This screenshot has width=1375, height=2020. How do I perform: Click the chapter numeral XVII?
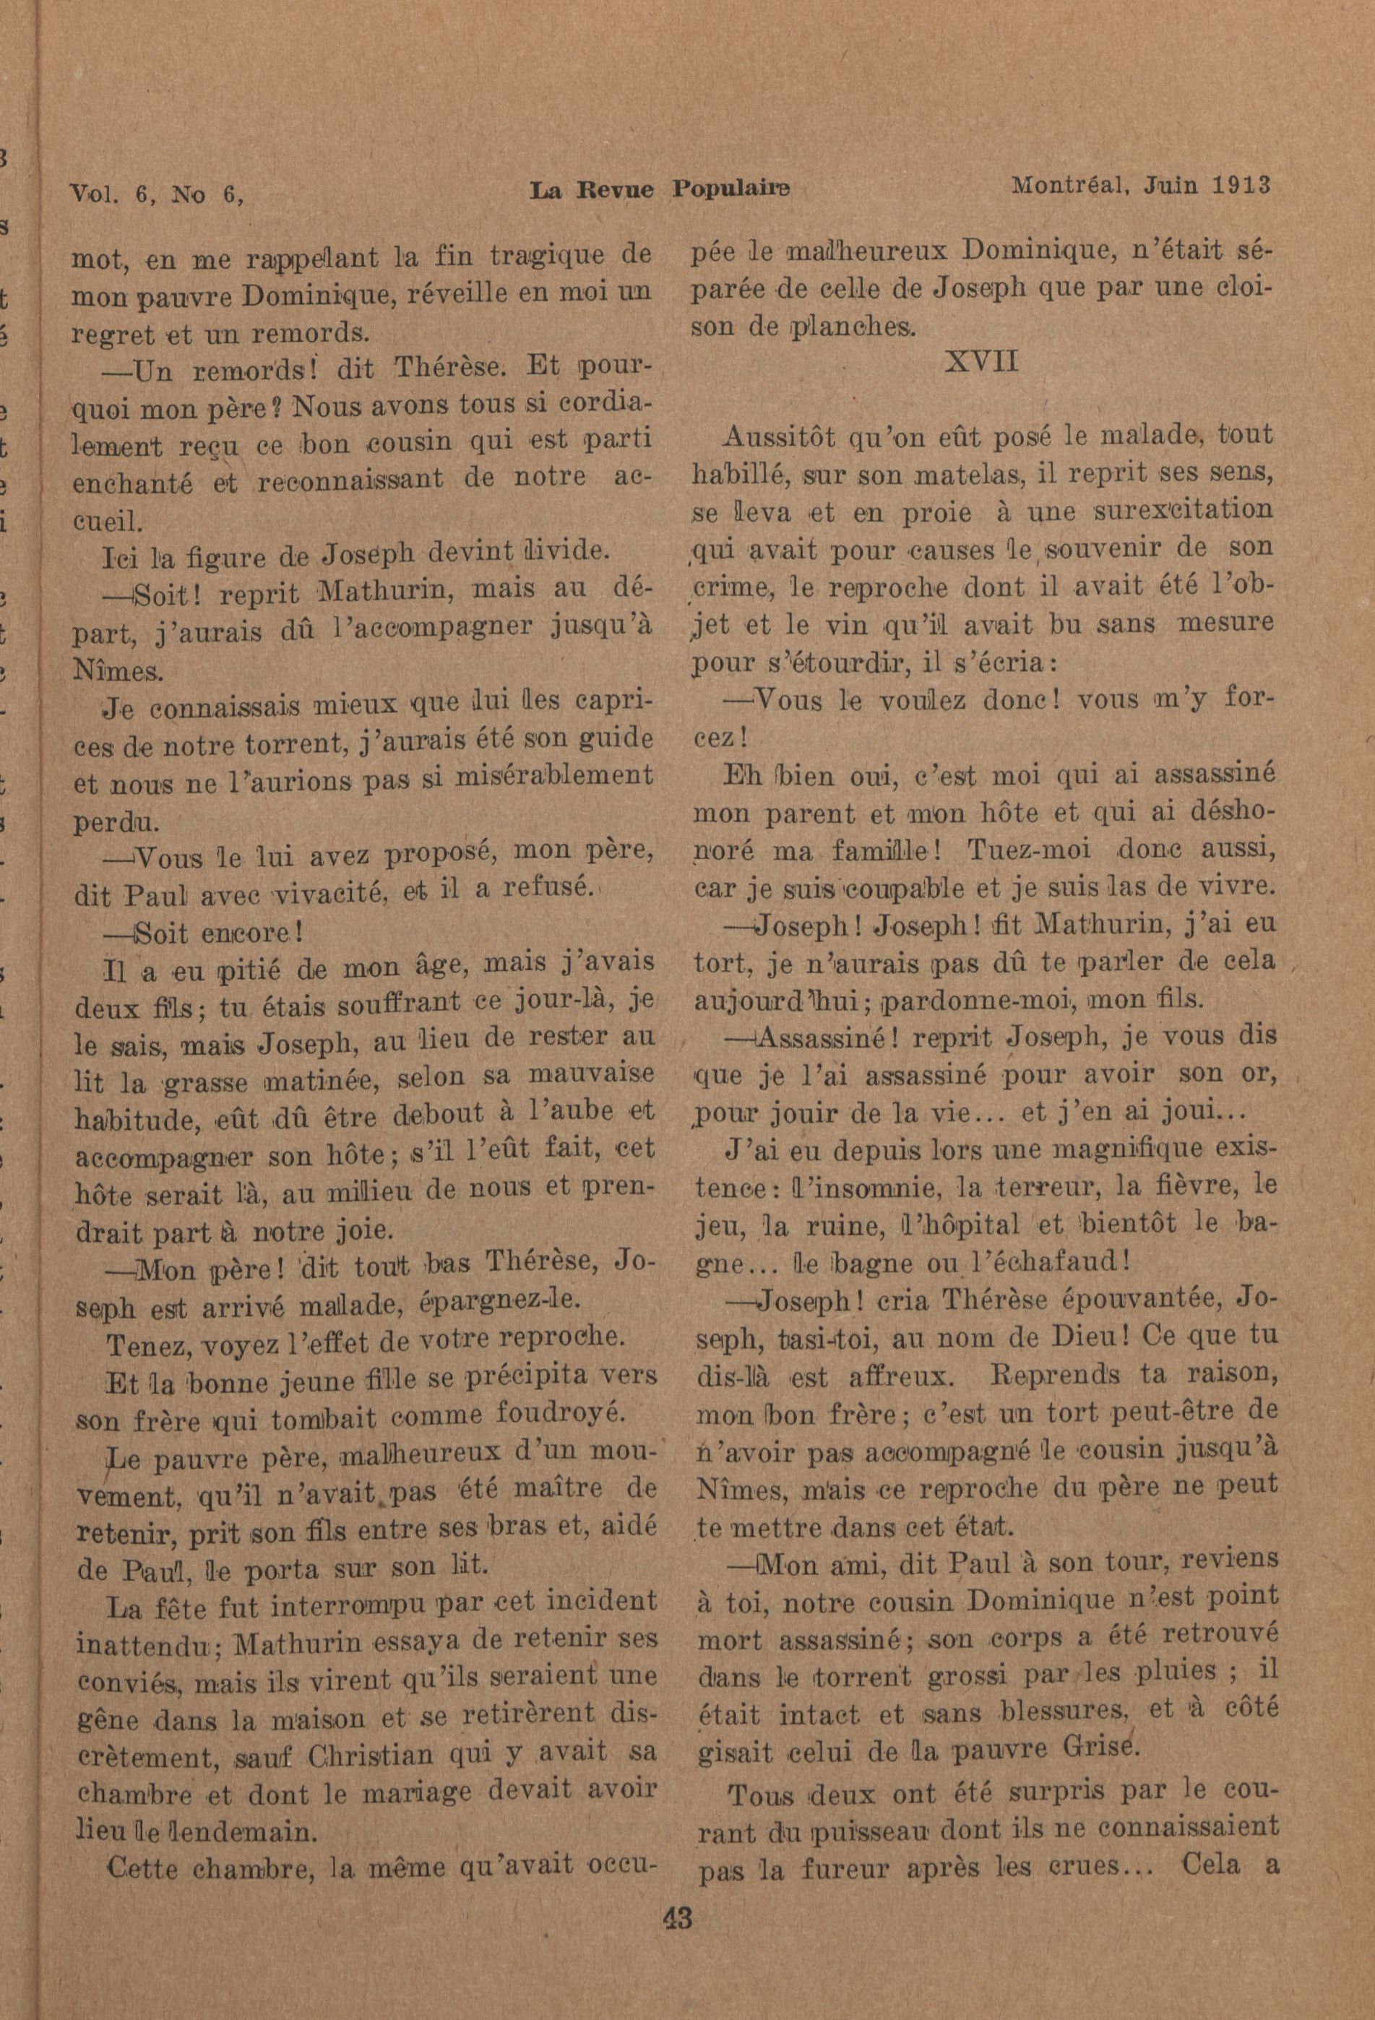coord(981,361)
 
